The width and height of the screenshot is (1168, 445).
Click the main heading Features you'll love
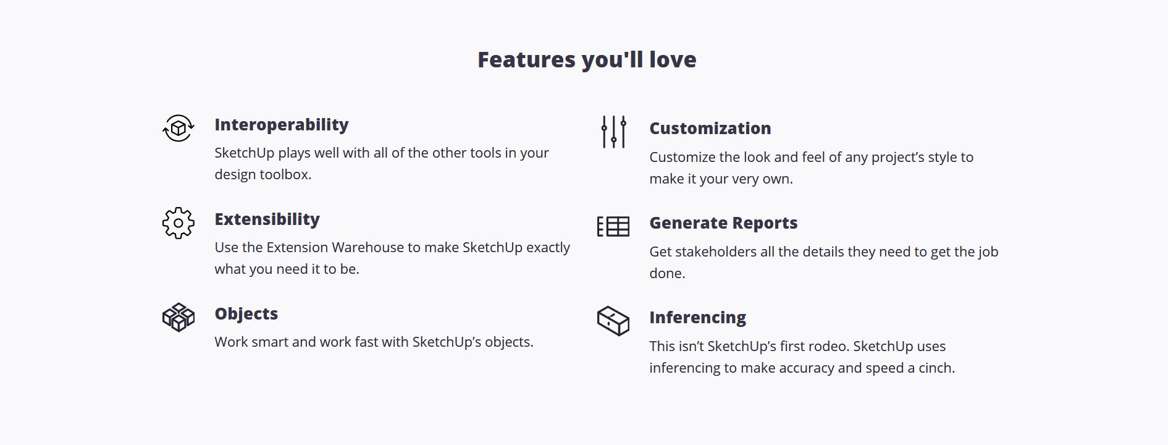tap(587, 59)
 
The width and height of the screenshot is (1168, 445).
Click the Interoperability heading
tap(282, 125)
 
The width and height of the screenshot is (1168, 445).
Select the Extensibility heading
tap(267, 219)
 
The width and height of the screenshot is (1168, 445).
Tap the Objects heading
tap(246, 314)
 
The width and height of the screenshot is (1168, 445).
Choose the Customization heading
tap(710, 129)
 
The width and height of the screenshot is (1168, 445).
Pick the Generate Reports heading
tap(723, 223)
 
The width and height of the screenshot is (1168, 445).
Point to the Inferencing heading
tap(697, 318)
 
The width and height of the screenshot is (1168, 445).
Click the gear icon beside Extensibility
tap(179, 223)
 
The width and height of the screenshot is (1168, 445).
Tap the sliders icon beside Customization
tap(613, 132)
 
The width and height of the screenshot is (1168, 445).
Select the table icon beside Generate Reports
tap(613, 227)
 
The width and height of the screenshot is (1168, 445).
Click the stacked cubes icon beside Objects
tap(179, 318)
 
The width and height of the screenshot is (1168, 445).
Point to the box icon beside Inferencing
tap(613, 321)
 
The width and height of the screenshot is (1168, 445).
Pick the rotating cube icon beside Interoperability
tap(179, 129)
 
